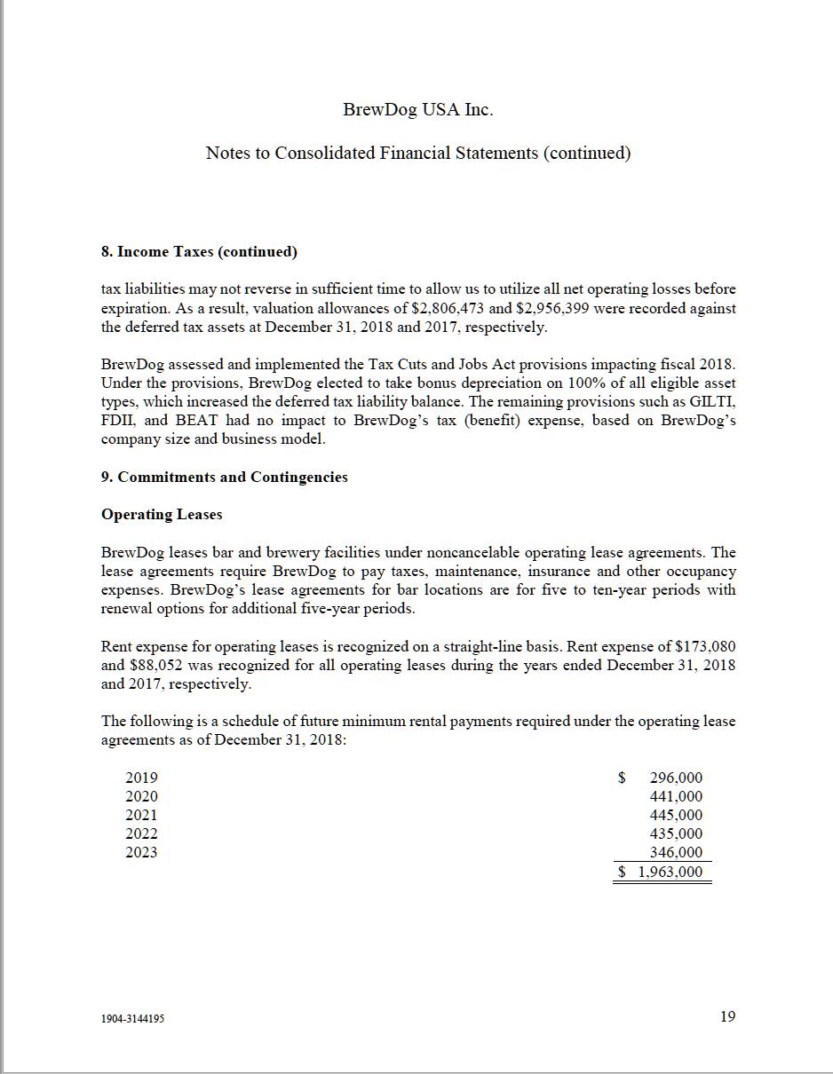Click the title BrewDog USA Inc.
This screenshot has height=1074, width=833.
click(x=417, y=109)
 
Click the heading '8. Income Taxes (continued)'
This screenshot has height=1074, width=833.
click(x=199, y=251)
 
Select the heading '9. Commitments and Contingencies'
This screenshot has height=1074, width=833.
click(x=224, y=477)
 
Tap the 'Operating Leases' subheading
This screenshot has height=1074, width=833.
click(x=162, y=514)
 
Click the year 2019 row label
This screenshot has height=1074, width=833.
click(x=141, y=778)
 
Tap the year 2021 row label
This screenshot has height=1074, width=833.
click(x=141, y=815)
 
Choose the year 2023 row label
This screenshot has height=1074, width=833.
click(x=141, y=852)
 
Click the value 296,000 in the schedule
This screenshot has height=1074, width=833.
click(x=676, y=778)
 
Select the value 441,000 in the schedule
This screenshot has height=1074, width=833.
click(x=676, y=796)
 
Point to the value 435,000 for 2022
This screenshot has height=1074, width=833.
click(x=676, y=833)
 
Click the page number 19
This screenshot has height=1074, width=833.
click(x=727, y=1016)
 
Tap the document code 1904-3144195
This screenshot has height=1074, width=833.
click(x=132, y=1018)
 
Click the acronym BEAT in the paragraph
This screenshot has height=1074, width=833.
click(x=196, y=420)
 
